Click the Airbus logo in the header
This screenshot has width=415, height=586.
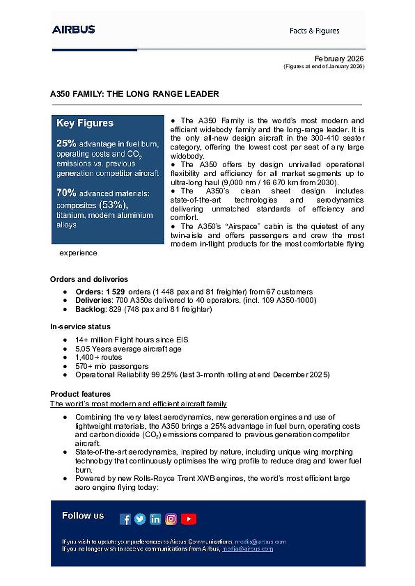[73, 30]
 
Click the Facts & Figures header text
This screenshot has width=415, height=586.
[314, 31]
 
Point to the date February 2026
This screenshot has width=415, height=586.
[339, 59]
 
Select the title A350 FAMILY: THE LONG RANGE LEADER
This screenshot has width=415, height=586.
[134, 94]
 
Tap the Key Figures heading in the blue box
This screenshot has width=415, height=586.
[85, 123]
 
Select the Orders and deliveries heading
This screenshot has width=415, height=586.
[89, 279]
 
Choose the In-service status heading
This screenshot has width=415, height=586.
[80, 326]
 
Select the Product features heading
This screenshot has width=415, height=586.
[80, 394]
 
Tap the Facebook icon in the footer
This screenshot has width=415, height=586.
[125, 519]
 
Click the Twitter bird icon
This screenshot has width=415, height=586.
[140, 519]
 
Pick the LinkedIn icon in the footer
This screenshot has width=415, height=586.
[155, 519]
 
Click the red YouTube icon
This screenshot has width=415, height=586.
[189, 519]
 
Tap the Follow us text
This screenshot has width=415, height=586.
[83, 516]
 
